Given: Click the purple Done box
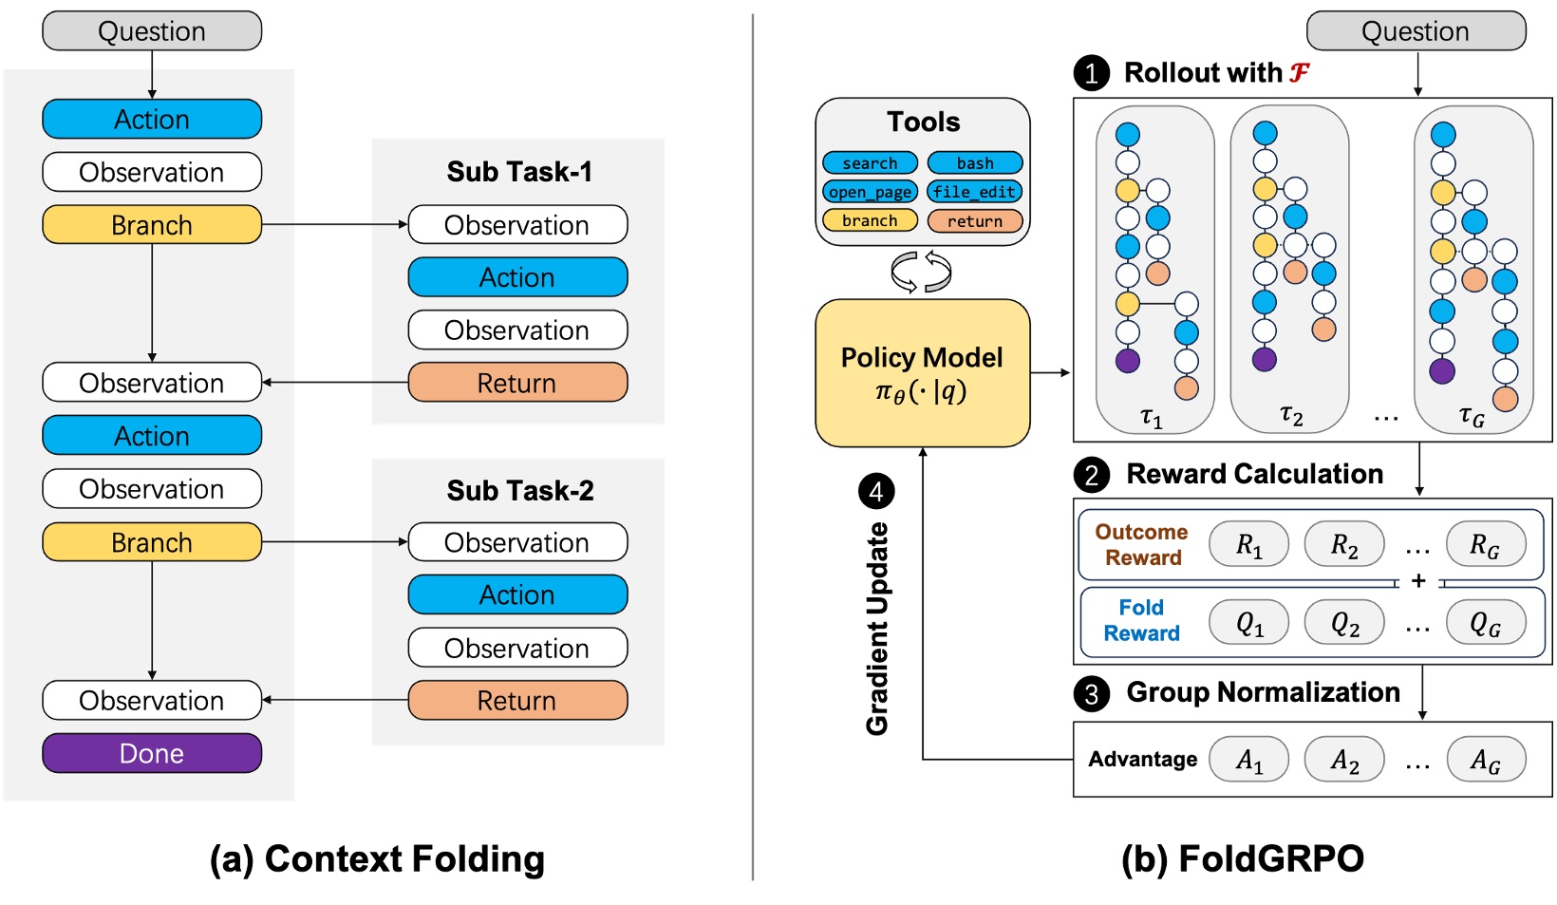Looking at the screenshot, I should [x=152, y=753].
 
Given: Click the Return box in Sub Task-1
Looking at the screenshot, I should [x=517, y=383].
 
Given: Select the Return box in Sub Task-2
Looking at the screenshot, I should [x=517, y=700].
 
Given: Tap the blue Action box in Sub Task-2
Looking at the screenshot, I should [x=517, y=594].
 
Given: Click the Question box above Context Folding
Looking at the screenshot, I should [x=152, y=31].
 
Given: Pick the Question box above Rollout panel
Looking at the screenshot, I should [x=1416, y=31].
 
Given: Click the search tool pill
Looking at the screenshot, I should [x=870, y=163].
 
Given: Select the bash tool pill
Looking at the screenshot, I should [x=975, y=163].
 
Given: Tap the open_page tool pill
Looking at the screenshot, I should [x=870, y=192].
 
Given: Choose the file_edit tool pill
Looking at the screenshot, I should [x=975, y=192].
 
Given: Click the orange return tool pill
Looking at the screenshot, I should [x=975, y=221].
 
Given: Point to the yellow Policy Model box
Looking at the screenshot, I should [x=922, y=373].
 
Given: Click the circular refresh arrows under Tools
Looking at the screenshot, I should [x=921, y=272].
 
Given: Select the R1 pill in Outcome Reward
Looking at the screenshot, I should [x=1248, y=544].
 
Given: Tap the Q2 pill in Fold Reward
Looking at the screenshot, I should [x=1344, y=623].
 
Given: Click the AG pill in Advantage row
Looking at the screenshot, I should [x=1485, y=759].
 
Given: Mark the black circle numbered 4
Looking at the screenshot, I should [x=876, y=491].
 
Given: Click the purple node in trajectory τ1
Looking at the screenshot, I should [x=1128, y=361].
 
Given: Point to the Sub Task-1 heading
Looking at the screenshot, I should [x=519, y=172].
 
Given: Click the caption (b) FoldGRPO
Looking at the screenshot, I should [x=1242, y=858].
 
